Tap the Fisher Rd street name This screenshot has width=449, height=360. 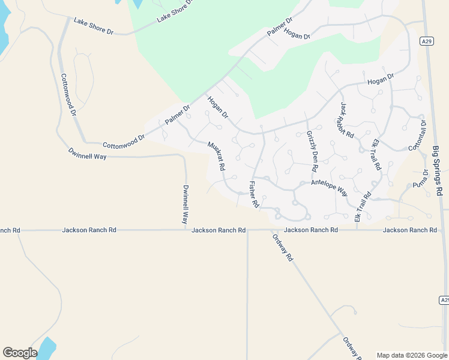253,194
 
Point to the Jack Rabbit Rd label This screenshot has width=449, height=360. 347,120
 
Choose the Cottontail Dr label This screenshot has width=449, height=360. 417,136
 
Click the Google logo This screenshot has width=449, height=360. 20,352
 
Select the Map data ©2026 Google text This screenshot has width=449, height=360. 411,355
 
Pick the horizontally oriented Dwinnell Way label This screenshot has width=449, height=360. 87,154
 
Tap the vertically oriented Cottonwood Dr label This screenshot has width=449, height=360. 68,95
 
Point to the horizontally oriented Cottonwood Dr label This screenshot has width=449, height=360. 124,142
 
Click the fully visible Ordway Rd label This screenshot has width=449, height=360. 282,247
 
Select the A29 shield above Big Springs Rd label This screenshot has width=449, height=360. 426,41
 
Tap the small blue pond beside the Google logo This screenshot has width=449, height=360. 46,347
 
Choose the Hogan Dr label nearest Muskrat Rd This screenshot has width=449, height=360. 217,106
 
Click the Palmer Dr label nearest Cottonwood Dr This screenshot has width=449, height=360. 177,115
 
